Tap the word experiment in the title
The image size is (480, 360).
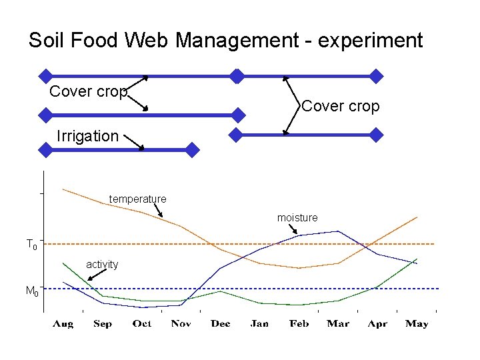[x=371, y=41]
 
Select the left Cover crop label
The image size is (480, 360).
[x=88, y=92]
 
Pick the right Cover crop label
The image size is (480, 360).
[x=341, y=106]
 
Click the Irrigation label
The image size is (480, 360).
[x=87, y=136]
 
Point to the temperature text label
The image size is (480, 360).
[x=138, y=199]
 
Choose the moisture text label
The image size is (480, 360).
[x=297, y=218]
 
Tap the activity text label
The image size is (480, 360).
[x=102, y=265]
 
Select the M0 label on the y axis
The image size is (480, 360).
[x=31, y=291]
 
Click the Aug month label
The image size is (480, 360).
[x=63, y=324]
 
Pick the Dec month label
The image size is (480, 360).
[x=221, y=324]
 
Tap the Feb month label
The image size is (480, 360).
[x=299, y=324]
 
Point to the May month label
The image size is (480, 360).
[x=417, y=324]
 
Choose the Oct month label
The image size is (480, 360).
[x=142, y=324]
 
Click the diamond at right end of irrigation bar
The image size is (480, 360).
[x=192, y=150]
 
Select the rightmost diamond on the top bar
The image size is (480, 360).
[x=377, y=76]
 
